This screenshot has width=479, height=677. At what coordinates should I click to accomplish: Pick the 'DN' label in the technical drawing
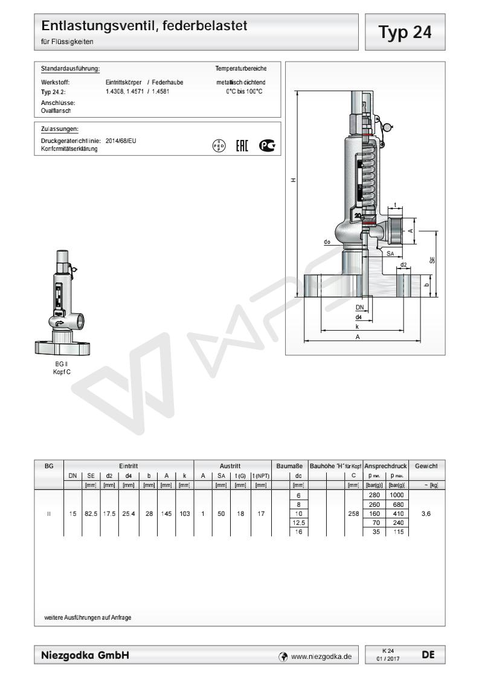[360, 307]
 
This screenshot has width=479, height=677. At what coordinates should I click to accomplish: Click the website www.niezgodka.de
[321, 653]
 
